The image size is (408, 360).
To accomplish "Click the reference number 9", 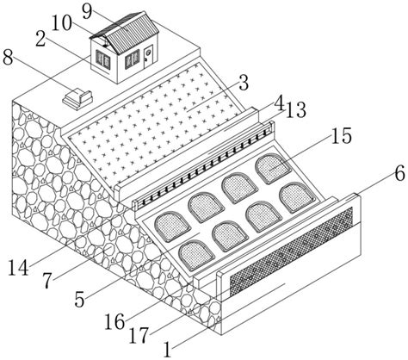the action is pos(87,11).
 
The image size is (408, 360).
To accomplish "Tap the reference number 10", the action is pos(61,23).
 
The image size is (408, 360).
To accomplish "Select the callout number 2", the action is pos(40,40).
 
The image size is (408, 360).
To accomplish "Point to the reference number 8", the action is pos(8,58).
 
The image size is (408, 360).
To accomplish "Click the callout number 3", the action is pos(244,84).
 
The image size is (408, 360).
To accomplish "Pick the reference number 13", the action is pos(296,110).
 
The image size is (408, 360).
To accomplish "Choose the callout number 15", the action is pos(342,136).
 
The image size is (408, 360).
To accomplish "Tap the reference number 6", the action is pos(399,174).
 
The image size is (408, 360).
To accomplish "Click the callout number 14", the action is pos(18,269).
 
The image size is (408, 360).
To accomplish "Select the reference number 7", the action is pos(48,281).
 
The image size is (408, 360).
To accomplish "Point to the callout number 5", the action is pos(80,300).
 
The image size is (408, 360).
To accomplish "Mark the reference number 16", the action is pos(114,322).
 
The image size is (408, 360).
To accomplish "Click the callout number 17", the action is pos(139,336).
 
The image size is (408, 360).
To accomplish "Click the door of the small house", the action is pos(148,56).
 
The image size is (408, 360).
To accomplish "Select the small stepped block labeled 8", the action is pos(77,99).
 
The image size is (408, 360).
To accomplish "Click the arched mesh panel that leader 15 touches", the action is pos(273,169).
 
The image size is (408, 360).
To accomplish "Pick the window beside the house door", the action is pos(132,59).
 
